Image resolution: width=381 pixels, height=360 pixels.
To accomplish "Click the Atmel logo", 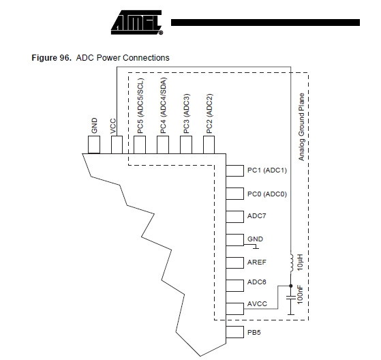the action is [137, 22].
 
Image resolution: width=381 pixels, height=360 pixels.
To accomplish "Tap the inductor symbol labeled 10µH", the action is [291, 263].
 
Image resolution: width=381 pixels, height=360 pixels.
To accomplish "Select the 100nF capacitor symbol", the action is [291, 297].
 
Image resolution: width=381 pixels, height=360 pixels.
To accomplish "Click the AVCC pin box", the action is [234, 309].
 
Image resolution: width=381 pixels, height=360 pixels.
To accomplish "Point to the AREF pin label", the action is [256, 262].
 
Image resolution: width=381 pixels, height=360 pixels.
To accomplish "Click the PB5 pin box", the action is [234, 332].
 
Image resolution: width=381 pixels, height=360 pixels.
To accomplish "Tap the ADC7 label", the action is [256, 216].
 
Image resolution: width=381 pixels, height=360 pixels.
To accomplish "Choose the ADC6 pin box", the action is [234, 286].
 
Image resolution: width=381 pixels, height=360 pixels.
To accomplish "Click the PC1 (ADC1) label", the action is [267, 170].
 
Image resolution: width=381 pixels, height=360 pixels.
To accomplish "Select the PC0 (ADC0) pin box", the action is [234, 194].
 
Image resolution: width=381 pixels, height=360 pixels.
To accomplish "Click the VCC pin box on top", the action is [117, 145].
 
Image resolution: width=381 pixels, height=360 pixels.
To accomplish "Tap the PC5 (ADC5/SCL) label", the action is [140, 106].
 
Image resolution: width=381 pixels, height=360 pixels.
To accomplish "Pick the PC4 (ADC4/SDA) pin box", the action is [163, 145].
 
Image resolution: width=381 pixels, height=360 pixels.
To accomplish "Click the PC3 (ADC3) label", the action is [186, 113].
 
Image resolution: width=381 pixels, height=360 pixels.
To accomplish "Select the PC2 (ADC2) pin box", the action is [209, 145].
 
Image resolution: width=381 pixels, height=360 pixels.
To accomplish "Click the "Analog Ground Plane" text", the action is [301, 127].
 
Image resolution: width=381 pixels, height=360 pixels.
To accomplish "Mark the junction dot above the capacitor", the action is [291, 286].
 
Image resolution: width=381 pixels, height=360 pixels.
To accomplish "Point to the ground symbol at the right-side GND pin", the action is [256, 247].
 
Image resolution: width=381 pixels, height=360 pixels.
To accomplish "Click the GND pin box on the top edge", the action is [94, 145].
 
